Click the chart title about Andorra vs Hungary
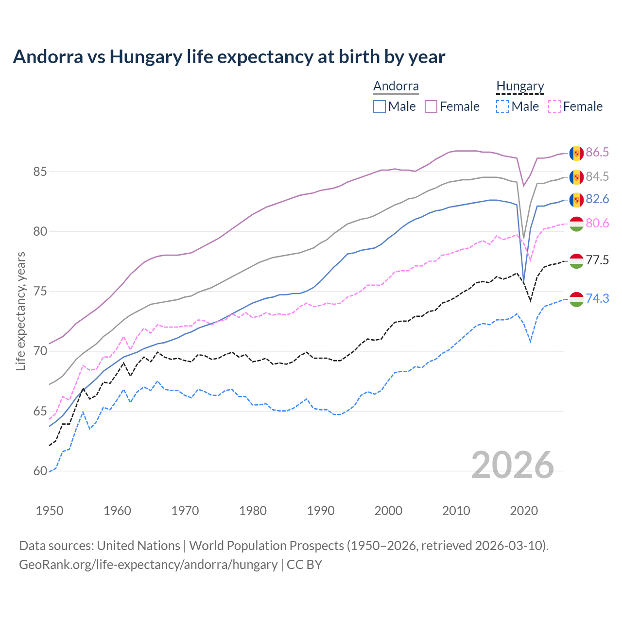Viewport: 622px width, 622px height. (x=229, y=57)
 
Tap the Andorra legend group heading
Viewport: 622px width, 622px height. (x=396, y=86)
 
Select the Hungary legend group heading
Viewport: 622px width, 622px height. (x=520, y=86)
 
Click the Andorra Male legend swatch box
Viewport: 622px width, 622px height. (x=380, y=106)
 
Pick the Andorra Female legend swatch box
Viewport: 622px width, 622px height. (x=431, y=106)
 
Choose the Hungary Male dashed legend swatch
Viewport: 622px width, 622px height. (x=502, y=106)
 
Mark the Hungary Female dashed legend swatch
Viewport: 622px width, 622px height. (x=554, y=106)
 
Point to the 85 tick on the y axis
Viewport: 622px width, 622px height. (x=40, y=172)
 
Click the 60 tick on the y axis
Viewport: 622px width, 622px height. (x=40, y=471)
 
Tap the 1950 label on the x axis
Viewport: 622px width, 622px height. (x=50, y=511)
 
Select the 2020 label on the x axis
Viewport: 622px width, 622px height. (x=524, y=511)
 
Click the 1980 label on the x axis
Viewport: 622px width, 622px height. (x=253, y=511)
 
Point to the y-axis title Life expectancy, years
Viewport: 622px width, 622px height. (x=20, y=311)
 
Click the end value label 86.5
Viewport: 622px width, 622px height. (x=597, y=153)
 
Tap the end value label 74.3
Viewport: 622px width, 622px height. (x=597, y=298)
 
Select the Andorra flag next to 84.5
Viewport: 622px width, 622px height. (x=576, y=177)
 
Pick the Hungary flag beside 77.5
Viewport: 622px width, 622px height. (x=576, y=261)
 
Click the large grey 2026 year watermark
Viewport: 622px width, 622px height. (x=513, y=465)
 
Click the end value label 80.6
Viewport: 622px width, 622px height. (x=597, y=223)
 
